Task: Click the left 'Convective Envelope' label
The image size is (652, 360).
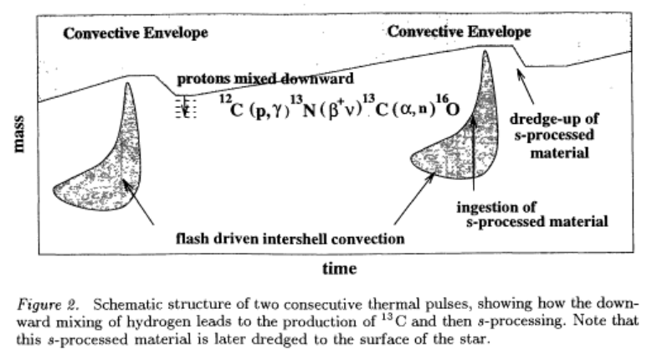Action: (x=136, y=33)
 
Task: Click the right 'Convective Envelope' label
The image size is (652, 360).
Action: (x=459, y=31)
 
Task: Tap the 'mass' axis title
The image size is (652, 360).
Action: (x=18, y=134)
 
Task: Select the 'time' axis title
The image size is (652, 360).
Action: (x=339, y=269)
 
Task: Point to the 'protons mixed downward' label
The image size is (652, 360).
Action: (x=265, y=79)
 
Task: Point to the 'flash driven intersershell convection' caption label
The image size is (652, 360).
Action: (x=290, y=239)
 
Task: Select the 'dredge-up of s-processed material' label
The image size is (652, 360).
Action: (x=554, y=136)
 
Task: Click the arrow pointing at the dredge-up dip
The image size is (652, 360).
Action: (x=526, y=86)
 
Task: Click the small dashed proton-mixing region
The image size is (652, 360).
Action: (x=186, y=108)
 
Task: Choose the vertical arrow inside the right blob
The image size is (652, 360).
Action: (x=473, y=153)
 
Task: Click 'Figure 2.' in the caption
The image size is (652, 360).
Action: (x=48, y=305)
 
